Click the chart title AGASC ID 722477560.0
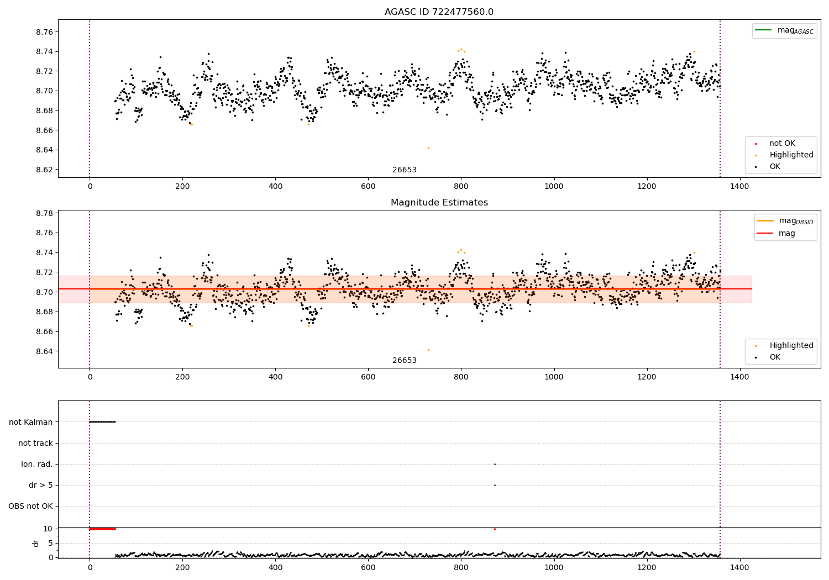pos(439,12)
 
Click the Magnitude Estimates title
pos(439,203)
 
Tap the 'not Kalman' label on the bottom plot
pos(31,422)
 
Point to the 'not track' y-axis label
pos(35,443)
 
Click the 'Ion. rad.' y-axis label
pos(37,464)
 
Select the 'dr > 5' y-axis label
pos(41,485)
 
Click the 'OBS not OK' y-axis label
pos(30,506)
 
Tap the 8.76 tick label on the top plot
pos(44,32)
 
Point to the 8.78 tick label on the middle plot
pos(44,213)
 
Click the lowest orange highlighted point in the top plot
pos(428,148)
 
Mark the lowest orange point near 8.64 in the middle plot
pos(428,350)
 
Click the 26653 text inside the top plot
pos(405,170)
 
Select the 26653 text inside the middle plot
pos(405,360)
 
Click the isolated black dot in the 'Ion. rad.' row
pos(495,464)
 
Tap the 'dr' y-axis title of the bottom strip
pos(36,543)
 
